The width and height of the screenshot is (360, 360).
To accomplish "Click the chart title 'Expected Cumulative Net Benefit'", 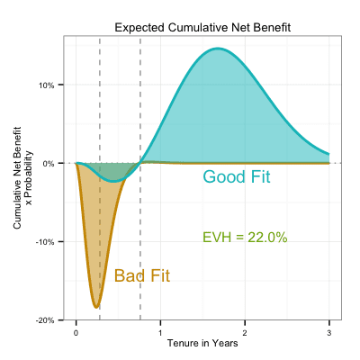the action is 202,28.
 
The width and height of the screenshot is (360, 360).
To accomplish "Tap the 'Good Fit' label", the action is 237,176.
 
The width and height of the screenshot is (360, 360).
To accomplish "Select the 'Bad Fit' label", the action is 142,275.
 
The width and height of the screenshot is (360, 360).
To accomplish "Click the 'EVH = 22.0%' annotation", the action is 245,238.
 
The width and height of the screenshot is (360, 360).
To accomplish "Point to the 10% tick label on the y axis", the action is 47,85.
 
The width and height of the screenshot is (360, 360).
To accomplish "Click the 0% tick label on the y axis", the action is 49,164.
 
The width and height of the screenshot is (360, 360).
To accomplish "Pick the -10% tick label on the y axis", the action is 45,242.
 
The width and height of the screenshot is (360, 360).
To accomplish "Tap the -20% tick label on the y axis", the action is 45,320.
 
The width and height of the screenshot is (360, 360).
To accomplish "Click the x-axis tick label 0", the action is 76,333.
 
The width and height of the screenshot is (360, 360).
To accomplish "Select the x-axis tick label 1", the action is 160,333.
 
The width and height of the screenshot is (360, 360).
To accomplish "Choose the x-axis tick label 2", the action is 245,333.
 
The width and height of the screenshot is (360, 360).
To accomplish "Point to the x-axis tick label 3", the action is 329,333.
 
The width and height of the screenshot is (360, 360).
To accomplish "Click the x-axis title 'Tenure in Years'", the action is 202,343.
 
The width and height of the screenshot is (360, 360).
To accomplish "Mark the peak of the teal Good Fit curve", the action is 218,49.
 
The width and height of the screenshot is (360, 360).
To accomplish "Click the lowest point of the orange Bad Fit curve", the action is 96,307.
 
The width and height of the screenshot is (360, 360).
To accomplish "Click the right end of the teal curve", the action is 329,154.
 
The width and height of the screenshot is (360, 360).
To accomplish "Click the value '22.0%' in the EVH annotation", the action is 268,238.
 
